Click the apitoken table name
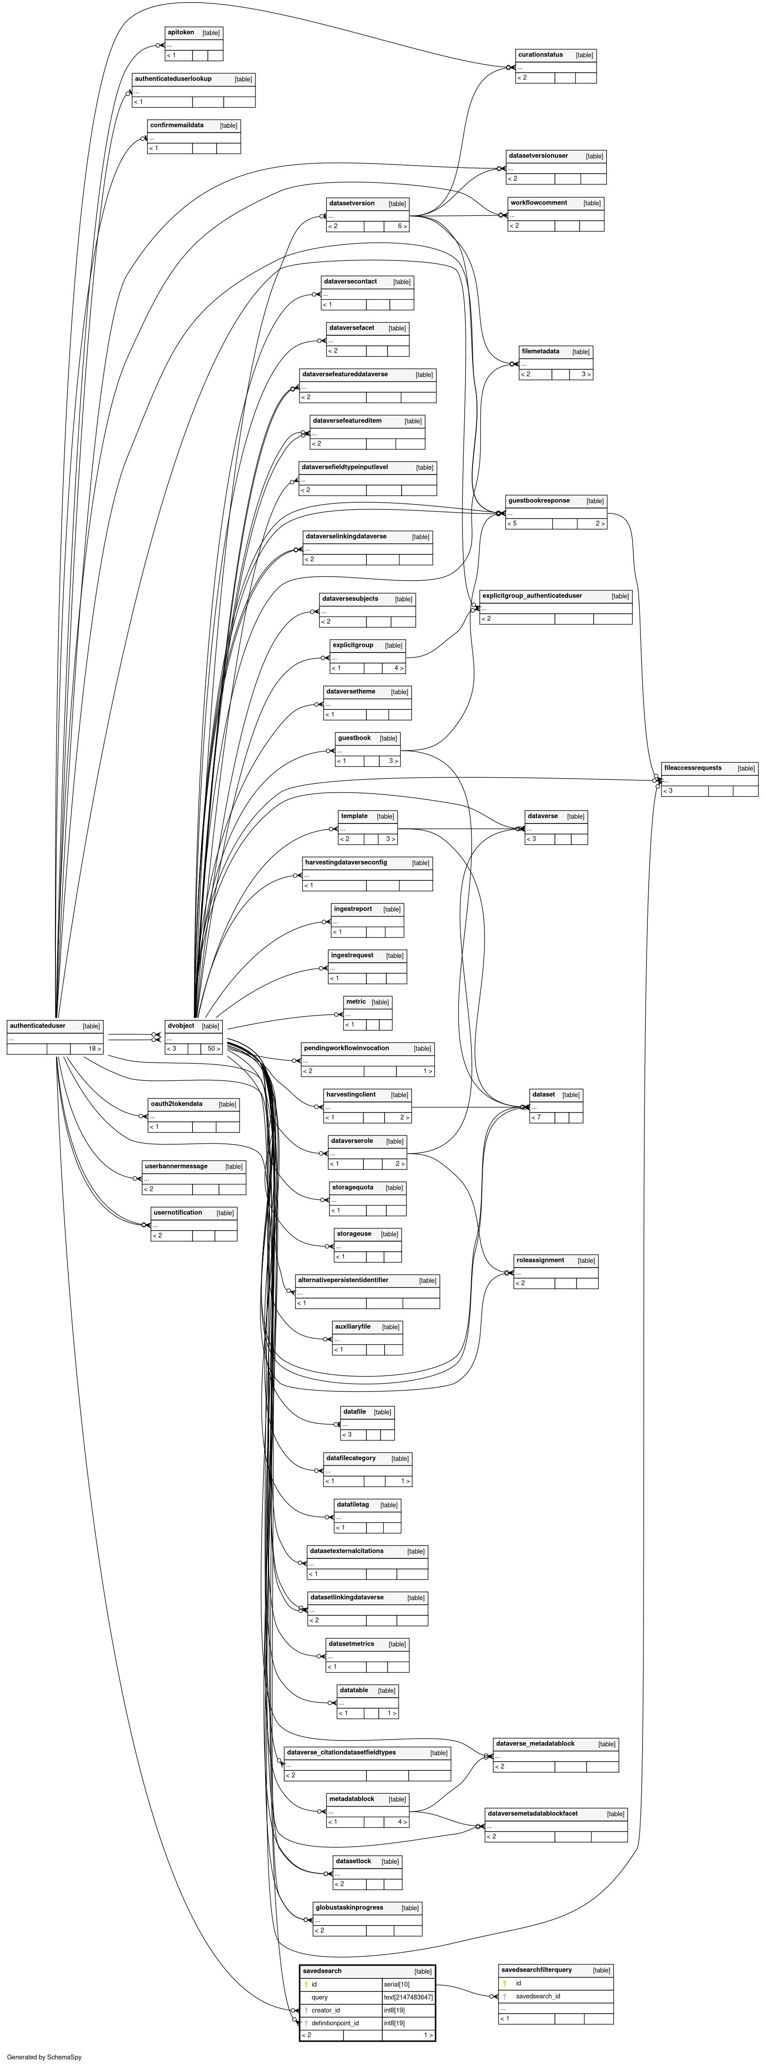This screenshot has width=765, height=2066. [x=181, y=32]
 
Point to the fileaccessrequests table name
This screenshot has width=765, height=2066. [x=692, y=768]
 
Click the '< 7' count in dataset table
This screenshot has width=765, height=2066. [x=536, y=1117]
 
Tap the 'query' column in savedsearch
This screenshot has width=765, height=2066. [x=319, y=1997]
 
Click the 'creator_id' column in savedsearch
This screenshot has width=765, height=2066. [x=325, y=2010]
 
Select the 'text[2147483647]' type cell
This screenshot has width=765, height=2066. [x=408, y=1997]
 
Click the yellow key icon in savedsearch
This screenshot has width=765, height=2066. [x=306, y=1984]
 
